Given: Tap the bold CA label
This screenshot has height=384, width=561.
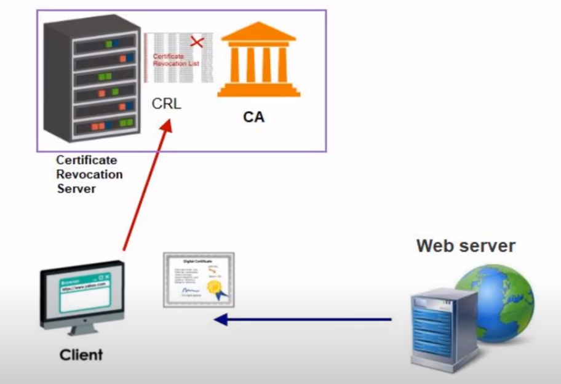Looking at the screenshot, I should coord(253,117).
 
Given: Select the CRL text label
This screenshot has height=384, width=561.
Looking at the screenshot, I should coord(167,104).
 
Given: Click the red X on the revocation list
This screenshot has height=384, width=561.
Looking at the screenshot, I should coord(197,42).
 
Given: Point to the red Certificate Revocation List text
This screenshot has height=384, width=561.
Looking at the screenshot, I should coord(176,60).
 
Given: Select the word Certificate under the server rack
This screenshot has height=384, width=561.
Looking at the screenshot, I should coord(86,160).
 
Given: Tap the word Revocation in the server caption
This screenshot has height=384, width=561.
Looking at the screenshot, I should coord(89,174).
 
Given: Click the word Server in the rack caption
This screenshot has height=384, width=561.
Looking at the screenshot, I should coord(76,189).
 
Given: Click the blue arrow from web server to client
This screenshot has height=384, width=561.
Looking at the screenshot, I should coord(308,319).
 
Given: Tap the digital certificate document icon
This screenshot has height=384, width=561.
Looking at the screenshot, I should coord(198,279).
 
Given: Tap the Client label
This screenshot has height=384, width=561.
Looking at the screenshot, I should coord(81,355).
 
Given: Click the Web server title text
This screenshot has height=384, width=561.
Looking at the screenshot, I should coord(466,246).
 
